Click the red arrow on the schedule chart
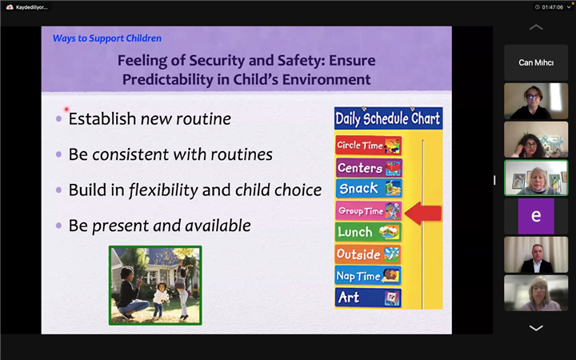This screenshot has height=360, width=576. [x=423, y=214]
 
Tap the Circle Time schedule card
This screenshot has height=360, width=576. [x=369, y=146]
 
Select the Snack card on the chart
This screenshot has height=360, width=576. [x=369, y=189]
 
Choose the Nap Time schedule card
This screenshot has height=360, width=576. [x=368, y=275]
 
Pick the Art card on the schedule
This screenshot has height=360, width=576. [x=368, y=297]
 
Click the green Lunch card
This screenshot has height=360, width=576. [x=368, y=232]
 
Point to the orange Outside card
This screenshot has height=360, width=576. [x=368, y=254]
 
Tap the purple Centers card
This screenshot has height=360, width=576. [x=369, y=167]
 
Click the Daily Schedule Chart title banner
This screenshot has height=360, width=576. [x=388, y=118]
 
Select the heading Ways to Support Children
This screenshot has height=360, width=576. [x=107, y=38]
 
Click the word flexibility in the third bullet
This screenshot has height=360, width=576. [x=163, y=190]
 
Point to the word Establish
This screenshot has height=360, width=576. [x=102, y=118]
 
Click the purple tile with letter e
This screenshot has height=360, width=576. [x=536, y=216]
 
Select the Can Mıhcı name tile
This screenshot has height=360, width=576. [x=536, y=63]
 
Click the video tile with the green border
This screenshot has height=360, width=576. [x=536, y=178]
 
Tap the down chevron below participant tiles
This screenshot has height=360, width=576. [x=536, y=328]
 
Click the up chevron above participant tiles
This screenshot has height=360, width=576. [x=536, y=27]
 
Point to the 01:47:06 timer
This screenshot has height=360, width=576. [x=552, y=7]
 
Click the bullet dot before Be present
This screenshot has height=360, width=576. [x=58, y=226]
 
